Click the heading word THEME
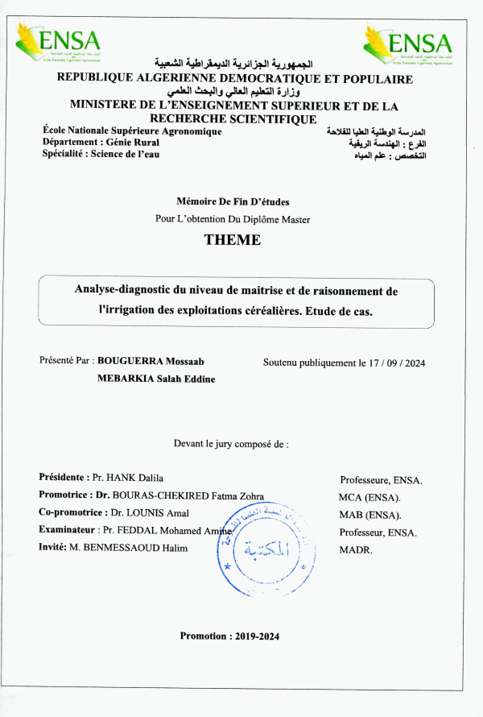point(233,239)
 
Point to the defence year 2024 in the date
point(415,363)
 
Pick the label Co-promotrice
point(71,512)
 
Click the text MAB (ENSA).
point(369,515)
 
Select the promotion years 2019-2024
point(258,636)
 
